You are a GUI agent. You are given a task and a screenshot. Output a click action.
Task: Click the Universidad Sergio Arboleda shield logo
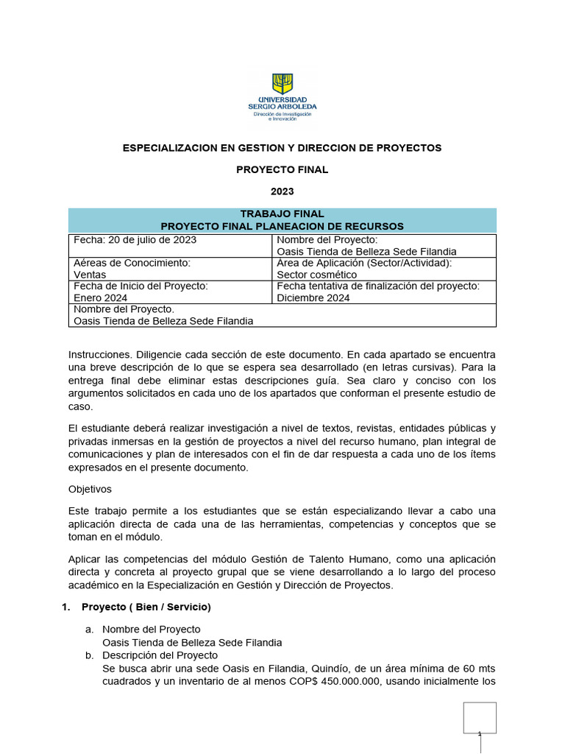coord(282,82)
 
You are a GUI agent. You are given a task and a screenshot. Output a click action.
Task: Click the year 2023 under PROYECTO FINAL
coord(282,191)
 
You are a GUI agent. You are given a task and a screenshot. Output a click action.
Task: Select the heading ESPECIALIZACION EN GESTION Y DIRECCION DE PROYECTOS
coord(282,148)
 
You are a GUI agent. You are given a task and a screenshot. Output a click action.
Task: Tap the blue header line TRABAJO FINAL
coord(282,214)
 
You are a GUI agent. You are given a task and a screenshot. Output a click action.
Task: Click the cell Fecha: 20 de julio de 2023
coord(135,240)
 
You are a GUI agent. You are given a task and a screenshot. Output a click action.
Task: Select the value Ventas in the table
coord(90,275)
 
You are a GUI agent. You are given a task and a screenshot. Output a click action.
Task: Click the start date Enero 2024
coord(101,298)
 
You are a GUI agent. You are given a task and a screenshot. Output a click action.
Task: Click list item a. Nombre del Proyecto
coord(151,630)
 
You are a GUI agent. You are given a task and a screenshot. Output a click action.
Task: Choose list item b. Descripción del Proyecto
coord(160,655)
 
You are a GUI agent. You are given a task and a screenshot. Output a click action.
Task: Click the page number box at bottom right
coord(479,718)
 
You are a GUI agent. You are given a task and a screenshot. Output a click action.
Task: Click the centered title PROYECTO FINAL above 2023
coord(282,169)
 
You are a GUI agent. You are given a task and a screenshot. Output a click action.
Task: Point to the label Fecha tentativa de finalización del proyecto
coord(378,286)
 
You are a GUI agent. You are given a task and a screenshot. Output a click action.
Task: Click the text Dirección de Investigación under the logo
coord(282,114)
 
